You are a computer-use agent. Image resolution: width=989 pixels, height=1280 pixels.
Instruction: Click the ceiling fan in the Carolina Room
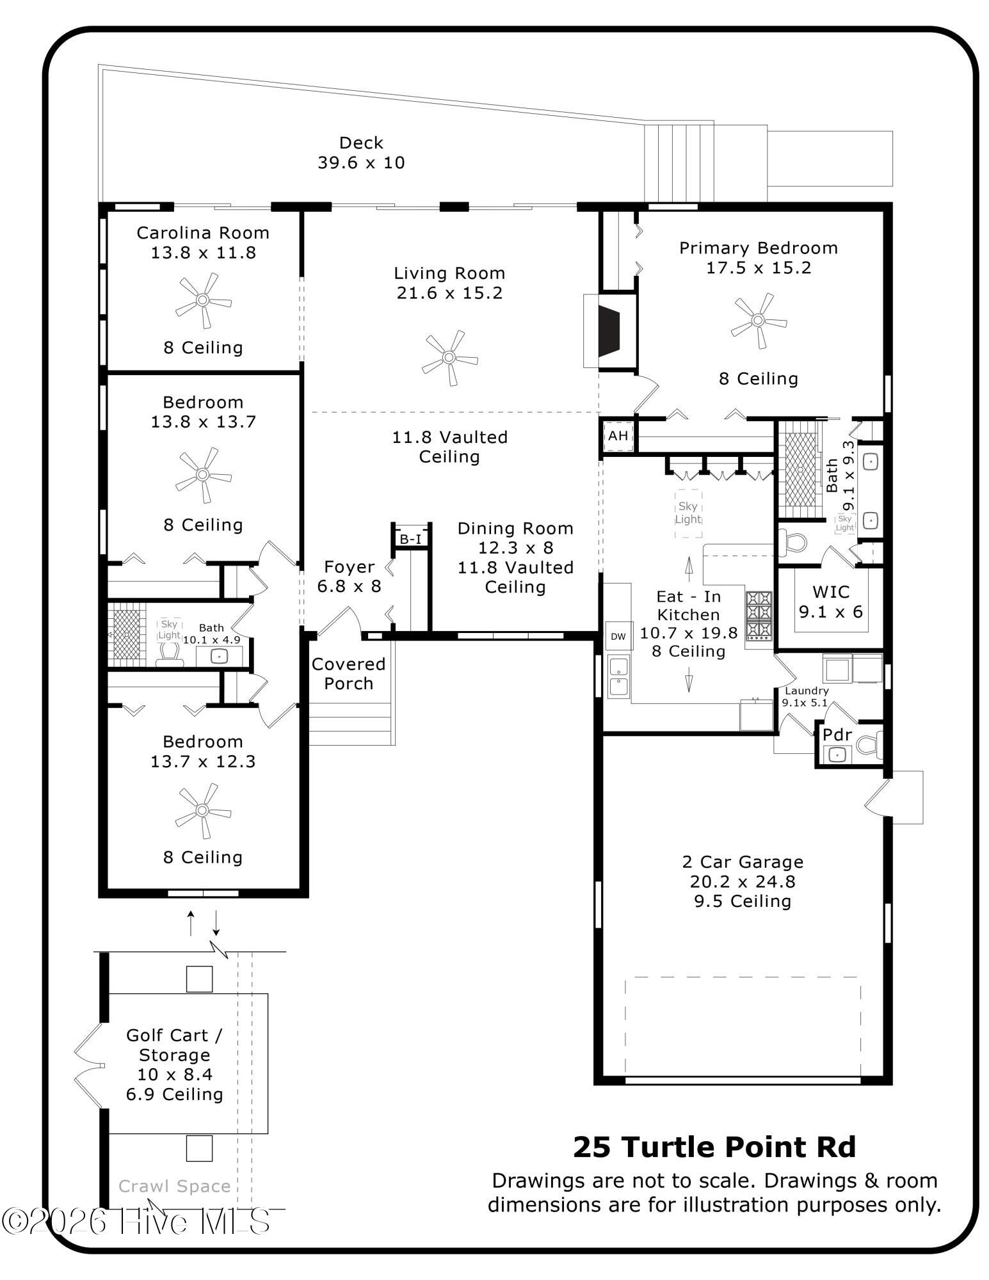[x=203, y=300]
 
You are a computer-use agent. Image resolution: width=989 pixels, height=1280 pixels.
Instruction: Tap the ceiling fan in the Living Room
[x=449, y=357]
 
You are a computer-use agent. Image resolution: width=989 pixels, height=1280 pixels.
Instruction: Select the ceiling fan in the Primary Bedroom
[x=759, y=320]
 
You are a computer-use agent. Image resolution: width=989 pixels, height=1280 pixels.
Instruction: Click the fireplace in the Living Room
[x=609, y=331]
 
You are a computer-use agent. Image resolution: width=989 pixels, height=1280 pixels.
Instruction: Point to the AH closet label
[x=618, y=436]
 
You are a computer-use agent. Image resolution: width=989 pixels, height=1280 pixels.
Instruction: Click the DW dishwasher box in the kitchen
[x=618, y=636]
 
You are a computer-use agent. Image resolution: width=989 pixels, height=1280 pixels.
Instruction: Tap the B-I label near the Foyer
[x=411, y=540]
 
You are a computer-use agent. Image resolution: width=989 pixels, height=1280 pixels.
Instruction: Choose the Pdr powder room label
[x=837, y=735]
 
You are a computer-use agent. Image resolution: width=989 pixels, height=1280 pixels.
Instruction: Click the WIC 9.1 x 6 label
[x=831, y=602]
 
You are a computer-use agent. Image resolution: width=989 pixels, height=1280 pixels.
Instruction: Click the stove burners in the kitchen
[x=759, y=615]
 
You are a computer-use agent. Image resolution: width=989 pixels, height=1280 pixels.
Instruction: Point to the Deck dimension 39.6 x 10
[x=362, y=163]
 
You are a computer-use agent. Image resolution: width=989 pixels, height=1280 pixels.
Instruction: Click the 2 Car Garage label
[x=743, y=862]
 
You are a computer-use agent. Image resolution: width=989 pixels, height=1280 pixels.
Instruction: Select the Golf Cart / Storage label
[x=174, y=1045]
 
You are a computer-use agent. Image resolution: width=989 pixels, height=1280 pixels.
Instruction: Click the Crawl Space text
[x=175, y=1186]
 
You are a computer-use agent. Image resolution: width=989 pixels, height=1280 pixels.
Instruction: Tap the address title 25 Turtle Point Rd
[x=714, y=1147]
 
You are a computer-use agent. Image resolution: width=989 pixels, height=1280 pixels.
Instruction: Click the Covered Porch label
[x=348, y=674]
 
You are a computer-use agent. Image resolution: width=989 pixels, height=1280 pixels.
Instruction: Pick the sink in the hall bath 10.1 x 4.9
[x=219, y=657]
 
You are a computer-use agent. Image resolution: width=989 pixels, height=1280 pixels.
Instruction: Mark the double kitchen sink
[x=618, y=677]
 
